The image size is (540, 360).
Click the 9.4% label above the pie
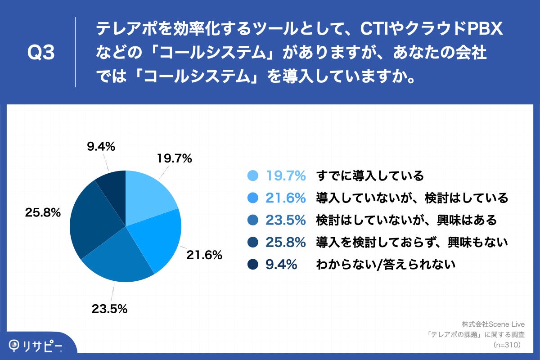click(x=100, y=146)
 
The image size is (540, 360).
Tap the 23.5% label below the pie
click(x=109, y=309)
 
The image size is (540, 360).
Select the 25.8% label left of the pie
click(x=43, y=213)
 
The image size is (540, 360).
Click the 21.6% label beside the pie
click(x=204, y=255)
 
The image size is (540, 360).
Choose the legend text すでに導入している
click(x=370, y=175)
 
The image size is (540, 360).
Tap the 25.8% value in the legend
click(x=286, y=243)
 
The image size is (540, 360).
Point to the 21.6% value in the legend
click(x=286, y=198)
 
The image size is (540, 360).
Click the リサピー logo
click(x=36, y=346)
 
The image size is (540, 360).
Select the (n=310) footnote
click(x=507, y=345)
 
